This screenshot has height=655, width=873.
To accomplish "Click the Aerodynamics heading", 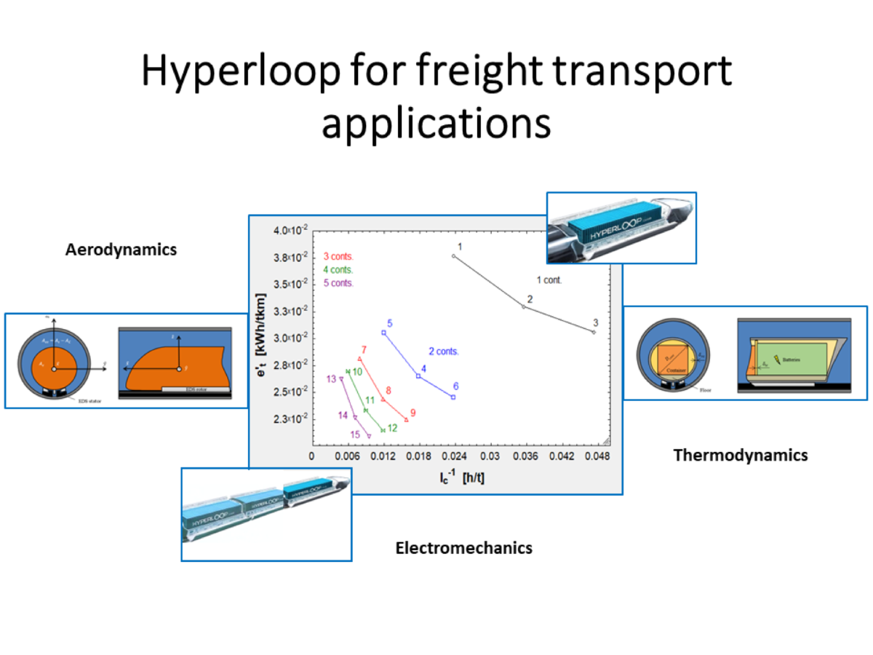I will click(x=121, y=250).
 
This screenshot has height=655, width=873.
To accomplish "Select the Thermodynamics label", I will click(x=741, y=455).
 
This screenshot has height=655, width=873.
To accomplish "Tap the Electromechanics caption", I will click(x=463, y=548).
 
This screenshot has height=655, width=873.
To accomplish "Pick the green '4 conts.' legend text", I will click(x=338, y=269).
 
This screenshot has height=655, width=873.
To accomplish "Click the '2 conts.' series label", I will click(x=444, y=352).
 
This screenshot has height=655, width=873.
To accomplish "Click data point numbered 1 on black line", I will click(x=453, y=256).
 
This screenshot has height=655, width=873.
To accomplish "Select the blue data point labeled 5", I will click(x=383, y=333).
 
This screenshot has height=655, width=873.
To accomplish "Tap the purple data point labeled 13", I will click(x=341, y=378).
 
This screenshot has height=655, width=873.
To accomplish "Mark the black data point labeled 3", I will click(x=594, y=332).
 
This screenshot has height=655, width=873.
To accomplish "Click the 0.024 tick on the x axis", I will click(x=453, y=457).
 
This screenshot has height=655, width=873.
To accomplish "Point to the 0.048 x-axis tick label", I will click(x=594, y=457).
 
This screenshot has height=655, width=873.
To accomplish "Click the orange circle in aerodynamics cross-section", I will click(x=54, y=362).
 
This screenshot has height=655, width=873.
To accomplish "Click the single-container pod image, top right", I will click(x=621, y=226).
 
